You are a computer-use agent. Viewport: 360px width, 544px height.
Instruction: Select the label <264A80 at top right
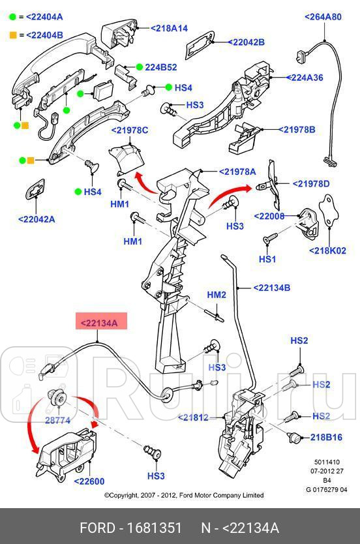click(323, 17)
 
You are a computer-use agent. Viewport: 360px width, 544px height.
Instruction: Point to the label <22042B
click(246, 42)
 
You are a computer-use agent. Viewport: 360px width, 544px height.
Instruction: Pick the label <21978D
click(311, 184)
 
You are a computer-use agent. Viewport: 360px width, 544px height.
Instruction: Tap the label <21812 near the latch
click(194, 417)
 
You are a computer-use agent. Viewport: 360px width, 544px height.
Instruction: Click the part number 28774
click(57, 421)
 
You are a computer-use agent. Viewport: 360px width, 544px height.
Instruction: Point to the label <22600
click(89, 481)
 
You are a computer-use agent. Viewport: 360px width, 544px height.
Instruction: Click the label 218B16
click(326, 437)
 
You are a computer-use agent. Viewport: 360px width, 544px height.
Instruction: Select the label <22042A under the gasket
click(37, 219)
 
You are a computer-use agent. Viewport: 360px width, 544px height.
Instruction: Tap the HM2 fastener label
click(217, 295)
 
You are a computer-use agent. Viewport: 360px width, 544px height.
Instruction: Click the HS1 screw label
click(267, 259)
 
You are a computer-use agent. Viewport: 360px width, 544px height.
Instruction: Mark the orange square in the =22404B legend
click(12, 35)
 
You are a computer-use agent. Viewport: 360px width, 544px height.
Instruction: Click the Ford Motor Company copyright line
click(184, 496)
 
